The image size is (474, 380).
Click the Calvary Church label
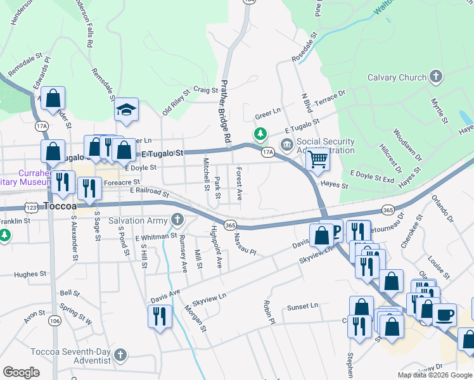tap(397, 78)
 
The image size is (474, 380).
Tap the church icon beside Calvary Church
tap(435, 78)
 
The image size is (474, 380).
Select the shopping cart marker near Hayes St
tap(317, 160)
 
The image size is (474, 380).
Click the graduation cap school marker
tap(126, 110)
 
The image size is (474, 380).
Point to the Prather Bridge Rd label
tap(225, 111)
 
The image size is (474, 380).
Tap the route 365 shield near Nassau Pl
tap(231, 225)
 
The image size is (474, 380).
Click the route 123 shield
tap(31, 207)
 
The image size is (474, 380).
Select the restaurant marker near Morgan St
tap(160, 316)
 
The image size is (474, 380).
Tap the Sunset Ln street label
tap(302, 307)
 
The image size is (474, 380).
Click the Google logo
tap(22, 372)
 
